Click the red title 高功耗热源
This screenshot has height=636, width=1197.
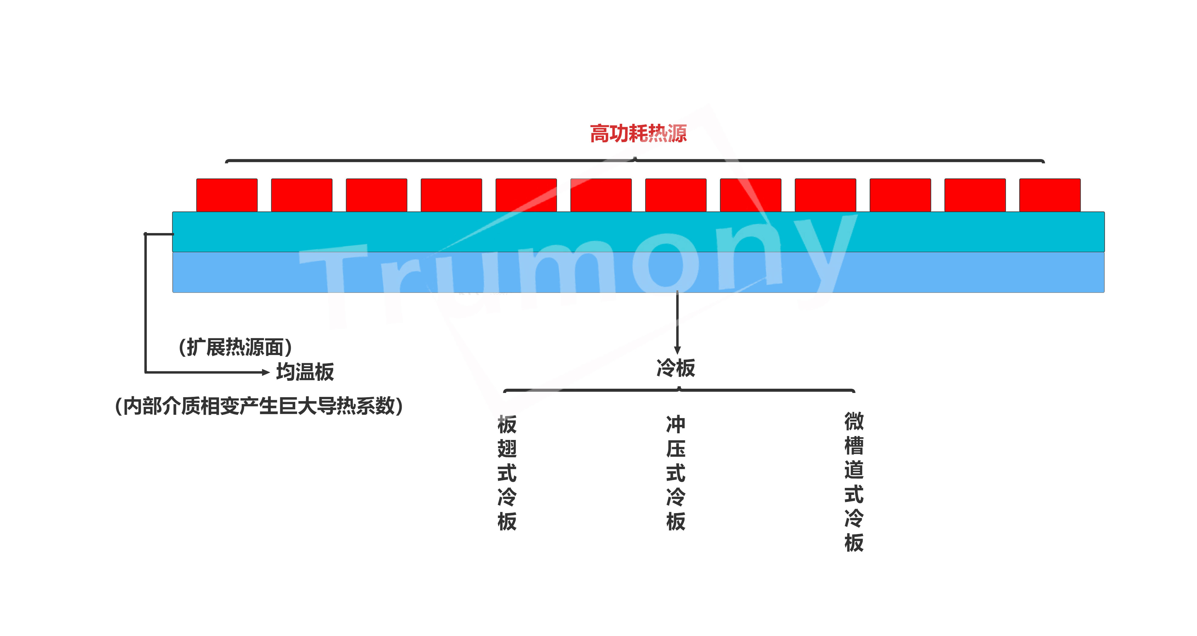coord(638,134)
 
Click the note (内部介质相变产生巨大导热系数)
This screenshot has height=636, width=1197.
coord(259,406)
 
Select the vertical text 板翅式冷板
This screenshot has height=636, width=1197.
coord(507,473)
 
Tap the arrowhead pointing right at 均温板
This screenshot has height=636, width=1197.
coord(266,372)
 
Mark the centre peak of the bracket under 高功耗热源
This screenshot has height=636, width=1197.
coord(635,158)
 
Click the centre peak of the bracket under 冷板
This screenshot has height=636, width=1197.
coord(679,388)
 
